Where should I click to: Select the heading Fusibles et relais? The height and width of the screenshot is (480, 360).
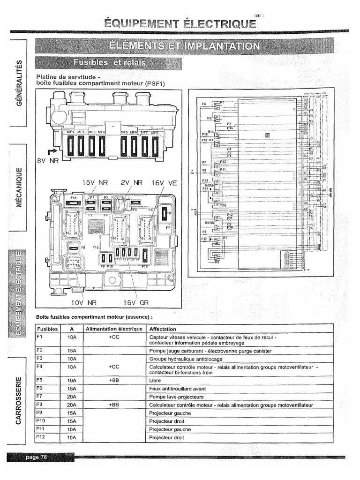(109, 62)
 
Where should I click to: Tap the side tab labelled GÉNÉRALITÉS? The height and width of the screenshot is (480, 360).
(19, 82)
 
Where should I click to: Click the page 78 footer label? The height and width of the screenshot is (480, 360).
(37, 457)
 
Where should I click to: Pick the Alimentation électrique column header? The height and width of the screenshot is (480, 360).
(114, 329)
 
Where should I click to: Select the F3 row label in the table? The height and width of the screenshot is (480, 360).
(39, 358)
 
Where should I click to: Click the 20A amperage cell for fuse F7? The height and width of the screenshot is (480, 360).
(72, 397)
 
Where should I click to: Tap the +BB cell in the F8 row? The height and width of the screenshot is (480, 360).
(114, 405)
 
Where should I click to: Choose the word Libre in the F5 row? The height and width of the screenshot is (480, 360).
(155, 381)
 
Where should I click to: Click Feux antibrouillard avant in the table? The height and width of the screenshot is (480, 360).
(177, 389)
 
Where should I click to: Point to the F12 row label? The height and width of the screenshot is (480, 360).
(40, 437)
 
